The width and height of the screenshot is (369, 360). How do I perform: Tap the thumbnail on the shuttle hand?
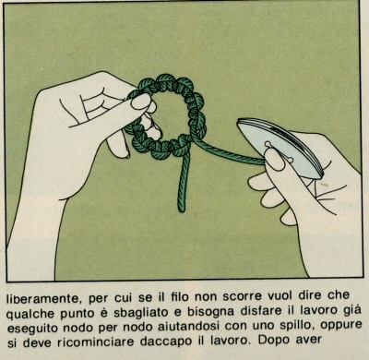coord(274,161)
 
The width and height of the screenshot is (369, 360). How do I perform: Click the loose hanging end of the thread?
coord(182,209)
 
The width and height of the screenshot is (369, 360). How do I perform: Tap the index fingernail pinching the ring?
coord(141,102)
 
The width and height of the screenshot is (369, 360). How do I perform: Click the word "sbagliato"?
coord(141,313)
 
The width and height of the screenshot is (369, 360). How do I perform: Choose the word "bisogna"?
coord(207,312)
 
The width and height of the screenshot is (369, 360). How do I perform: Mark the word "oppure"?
coord(341,326)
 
